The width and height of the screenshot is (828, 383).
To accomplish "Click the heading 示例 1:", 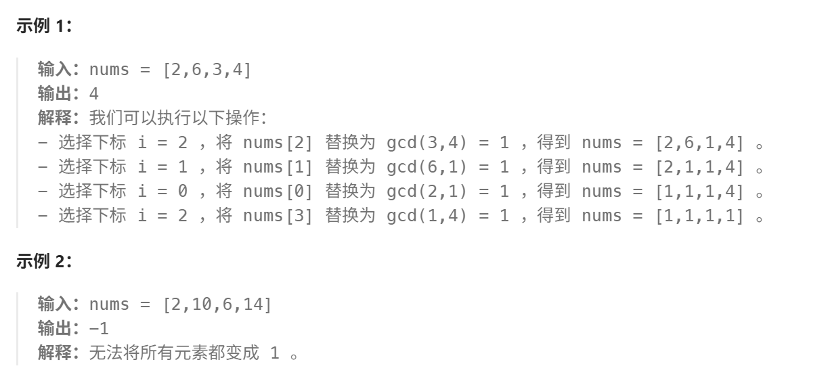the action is click(x=44, y=26).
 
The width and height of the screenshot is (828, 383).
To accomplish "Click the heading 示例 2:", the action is click(x=44, y=262).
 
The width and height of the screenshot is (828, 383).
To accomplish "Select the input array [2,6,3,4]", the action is click(x=207, y=69).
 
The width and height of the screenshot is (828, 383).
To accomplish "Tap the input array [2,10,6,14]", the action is click(x=217, y=305).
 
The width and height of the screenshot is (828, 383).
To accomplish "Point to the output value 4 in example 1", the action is click(x=94, y=93).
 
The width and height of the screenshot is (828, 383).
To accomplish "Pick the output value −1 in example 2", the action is click(x=99, y=329).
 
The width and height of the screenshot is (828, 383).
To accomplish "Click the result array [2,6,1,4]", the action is click(x=699, y=143).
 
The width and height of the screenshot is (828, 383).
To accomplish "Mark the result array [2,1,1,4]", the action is click(x=699, y=167).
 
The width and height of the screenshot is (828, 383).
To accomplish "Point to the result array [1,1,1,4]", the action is click(x=699, y=191).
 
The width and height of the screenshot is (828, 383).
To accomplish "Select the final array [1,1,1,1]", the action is click(x=699, y=216).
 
